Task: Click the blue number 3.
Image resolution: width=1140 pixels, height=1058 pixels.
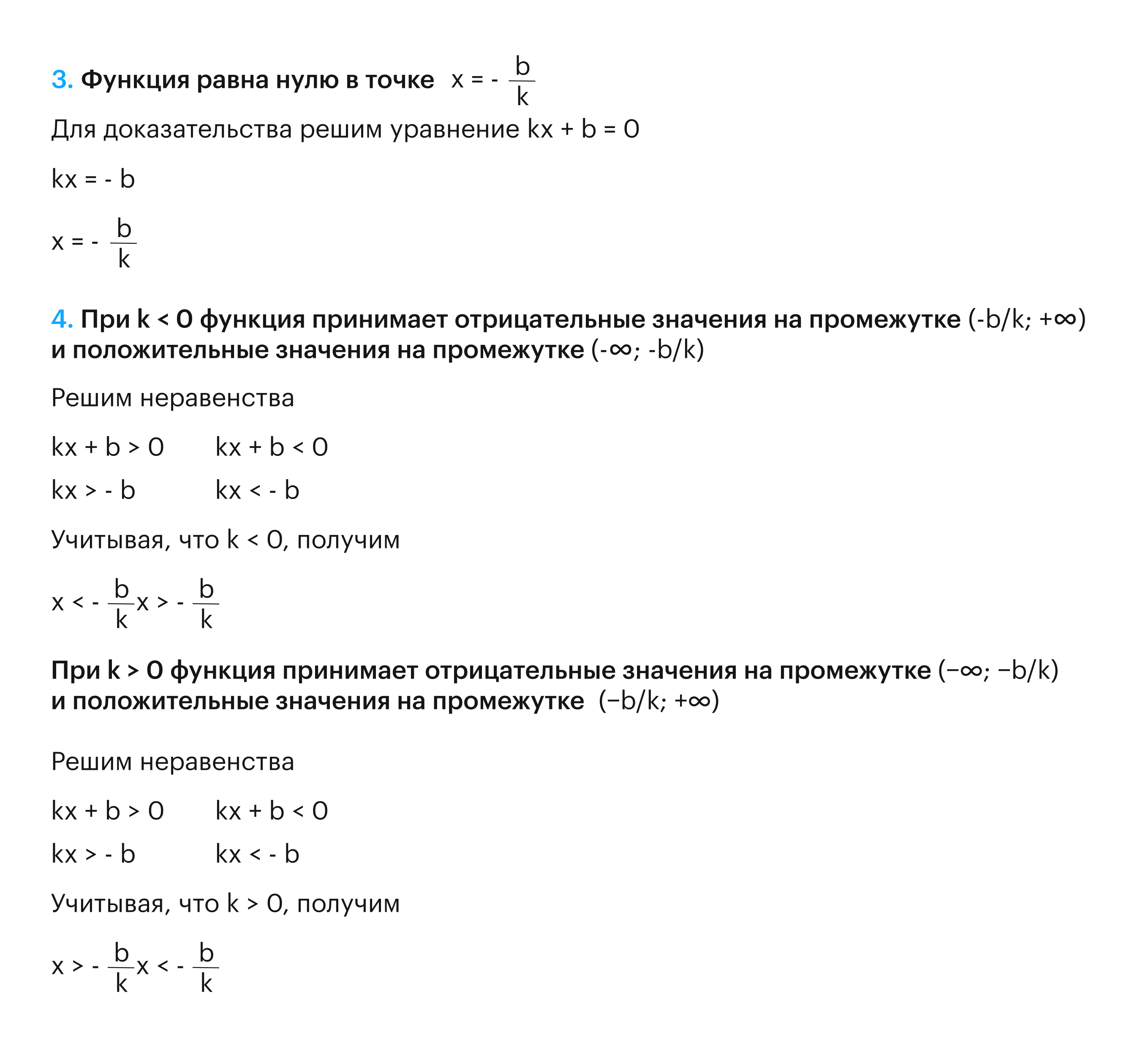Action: [61, 81]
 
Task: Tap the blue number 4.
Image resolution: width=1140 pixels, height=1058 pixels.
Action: [61, 319]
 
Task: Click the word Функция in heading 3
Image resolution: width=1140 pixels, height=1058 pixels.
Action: [135, 81]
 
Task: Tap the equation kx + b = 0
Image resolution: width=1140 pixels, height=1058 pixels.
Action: [582, 130]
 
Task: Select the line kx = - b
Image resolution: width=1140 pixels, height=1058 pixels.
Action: [93, 180]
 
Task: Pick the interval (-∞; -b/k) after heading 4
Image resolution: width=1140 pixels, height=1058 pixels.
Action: [647, 350]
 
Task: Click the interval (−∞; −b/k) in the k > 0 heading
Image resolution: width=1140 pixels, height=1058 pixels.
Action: [998, 671]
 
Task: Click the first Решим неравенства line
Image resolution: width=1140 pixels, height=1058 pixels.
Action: [172, 398]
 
